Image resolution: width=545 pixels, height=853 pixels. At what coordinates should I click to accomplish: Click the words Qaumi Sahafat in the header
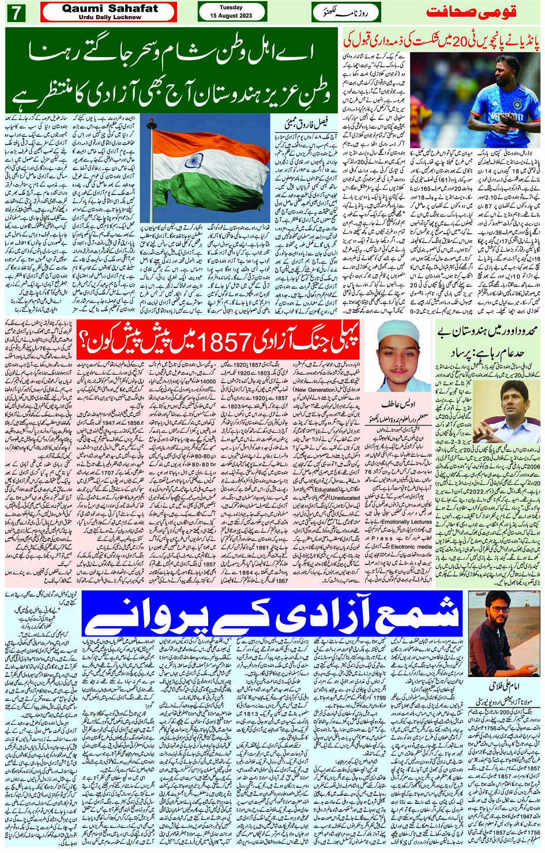(110, 9)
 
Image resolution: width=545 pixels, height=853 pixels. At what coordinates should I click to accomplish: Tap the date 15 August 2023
(231, 16)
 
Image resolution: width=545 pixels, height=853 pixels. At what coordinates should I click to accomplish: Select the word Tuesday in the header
(231, 8)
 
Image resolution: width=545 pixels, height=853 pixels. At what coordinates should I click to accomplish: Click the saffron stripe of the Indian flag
(208, 139)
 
